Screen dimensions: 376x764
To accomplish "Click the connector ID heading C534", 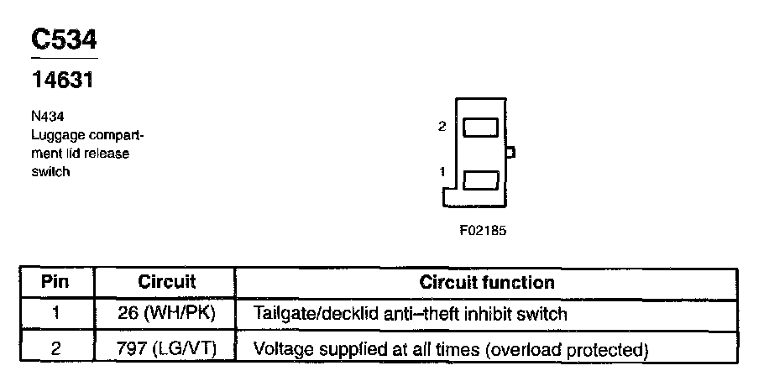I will point(63,40).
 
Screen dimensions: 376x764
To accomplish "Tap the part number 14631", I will point(61,82).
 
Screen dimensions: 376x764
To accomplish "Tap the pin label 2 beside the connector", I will point(442,127).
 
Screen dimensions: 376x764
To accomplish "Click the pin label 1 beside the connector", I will point(442,171).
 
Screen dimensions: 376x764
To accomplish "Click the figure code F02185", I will point(483,229).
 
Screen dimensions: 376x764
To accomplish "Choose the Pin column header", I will point(55,283).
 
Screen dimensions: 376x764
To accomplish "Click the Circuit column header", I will point(166,283).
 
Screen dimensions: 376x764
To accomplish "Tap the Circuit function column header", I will point(486,283).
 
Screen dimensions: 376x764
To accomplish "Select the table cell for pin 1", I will point(55,315).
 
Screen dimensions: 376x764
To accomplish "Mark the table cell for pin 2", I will point(55,347).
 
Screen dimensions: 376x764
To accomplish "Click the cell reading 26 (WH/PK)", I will point(166,315).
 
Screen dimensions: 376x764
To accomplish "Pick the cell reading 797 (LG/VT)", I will point(166,347).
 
